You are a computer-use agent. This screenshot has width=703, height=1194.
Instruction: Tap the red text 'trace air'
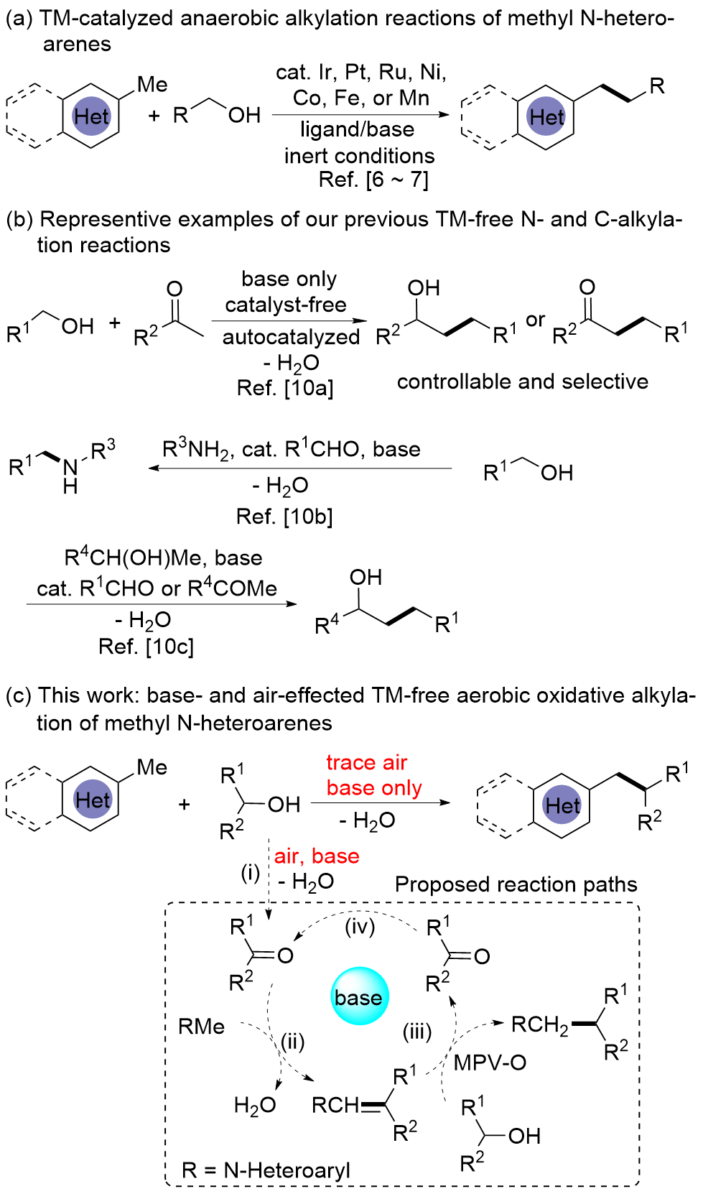point(366,762)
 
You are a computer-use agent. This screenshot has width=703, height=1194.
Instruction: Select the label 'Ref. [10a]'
point(285,388)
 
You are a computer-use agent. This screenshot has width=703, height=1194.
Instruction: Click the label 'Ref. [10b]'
point(284,516)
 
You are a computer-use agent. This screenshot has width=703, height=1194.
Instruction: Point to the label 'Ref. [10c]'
point(146,647)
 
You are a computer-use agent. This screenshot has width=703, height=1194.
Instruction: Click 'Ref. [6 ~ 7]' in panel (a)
point(373,180)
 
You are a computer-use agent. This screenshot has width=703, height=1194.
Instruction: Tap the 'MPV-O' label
point(490,1062)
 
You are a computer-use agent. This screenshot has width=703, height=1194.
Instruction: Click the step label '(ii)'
point(292,1041)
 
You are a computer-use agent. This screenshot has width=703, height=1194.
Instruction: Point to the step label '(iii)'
point(417,1032)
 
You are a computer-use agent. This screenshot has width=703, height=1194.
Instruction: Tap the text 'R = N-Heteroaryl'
point(266,1170)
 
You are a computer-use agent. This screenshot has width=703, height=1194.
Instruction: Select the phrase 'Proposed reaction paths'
point(516,884)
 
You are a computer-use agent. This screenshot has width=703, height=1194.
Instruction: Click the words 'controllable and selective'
point(522,381)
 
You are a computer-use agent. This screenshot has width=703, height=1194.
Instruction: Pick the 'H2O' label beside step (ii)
point(255,1105)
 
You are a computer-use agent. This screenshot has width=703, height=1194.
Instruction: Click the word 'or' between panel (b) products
point(536,320)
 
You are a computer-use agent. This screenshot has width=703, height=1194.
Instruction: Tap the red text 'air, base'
point(317,856)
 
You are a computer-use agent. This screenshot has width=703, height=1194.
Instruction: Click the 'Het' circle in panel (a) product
point(546,117)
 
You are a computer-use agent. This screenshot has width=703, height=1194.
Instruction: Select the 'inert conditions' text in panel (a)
point(359,155)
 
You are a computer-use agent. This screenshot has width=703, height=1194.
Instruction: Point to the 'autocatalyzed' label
point(291,337)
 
